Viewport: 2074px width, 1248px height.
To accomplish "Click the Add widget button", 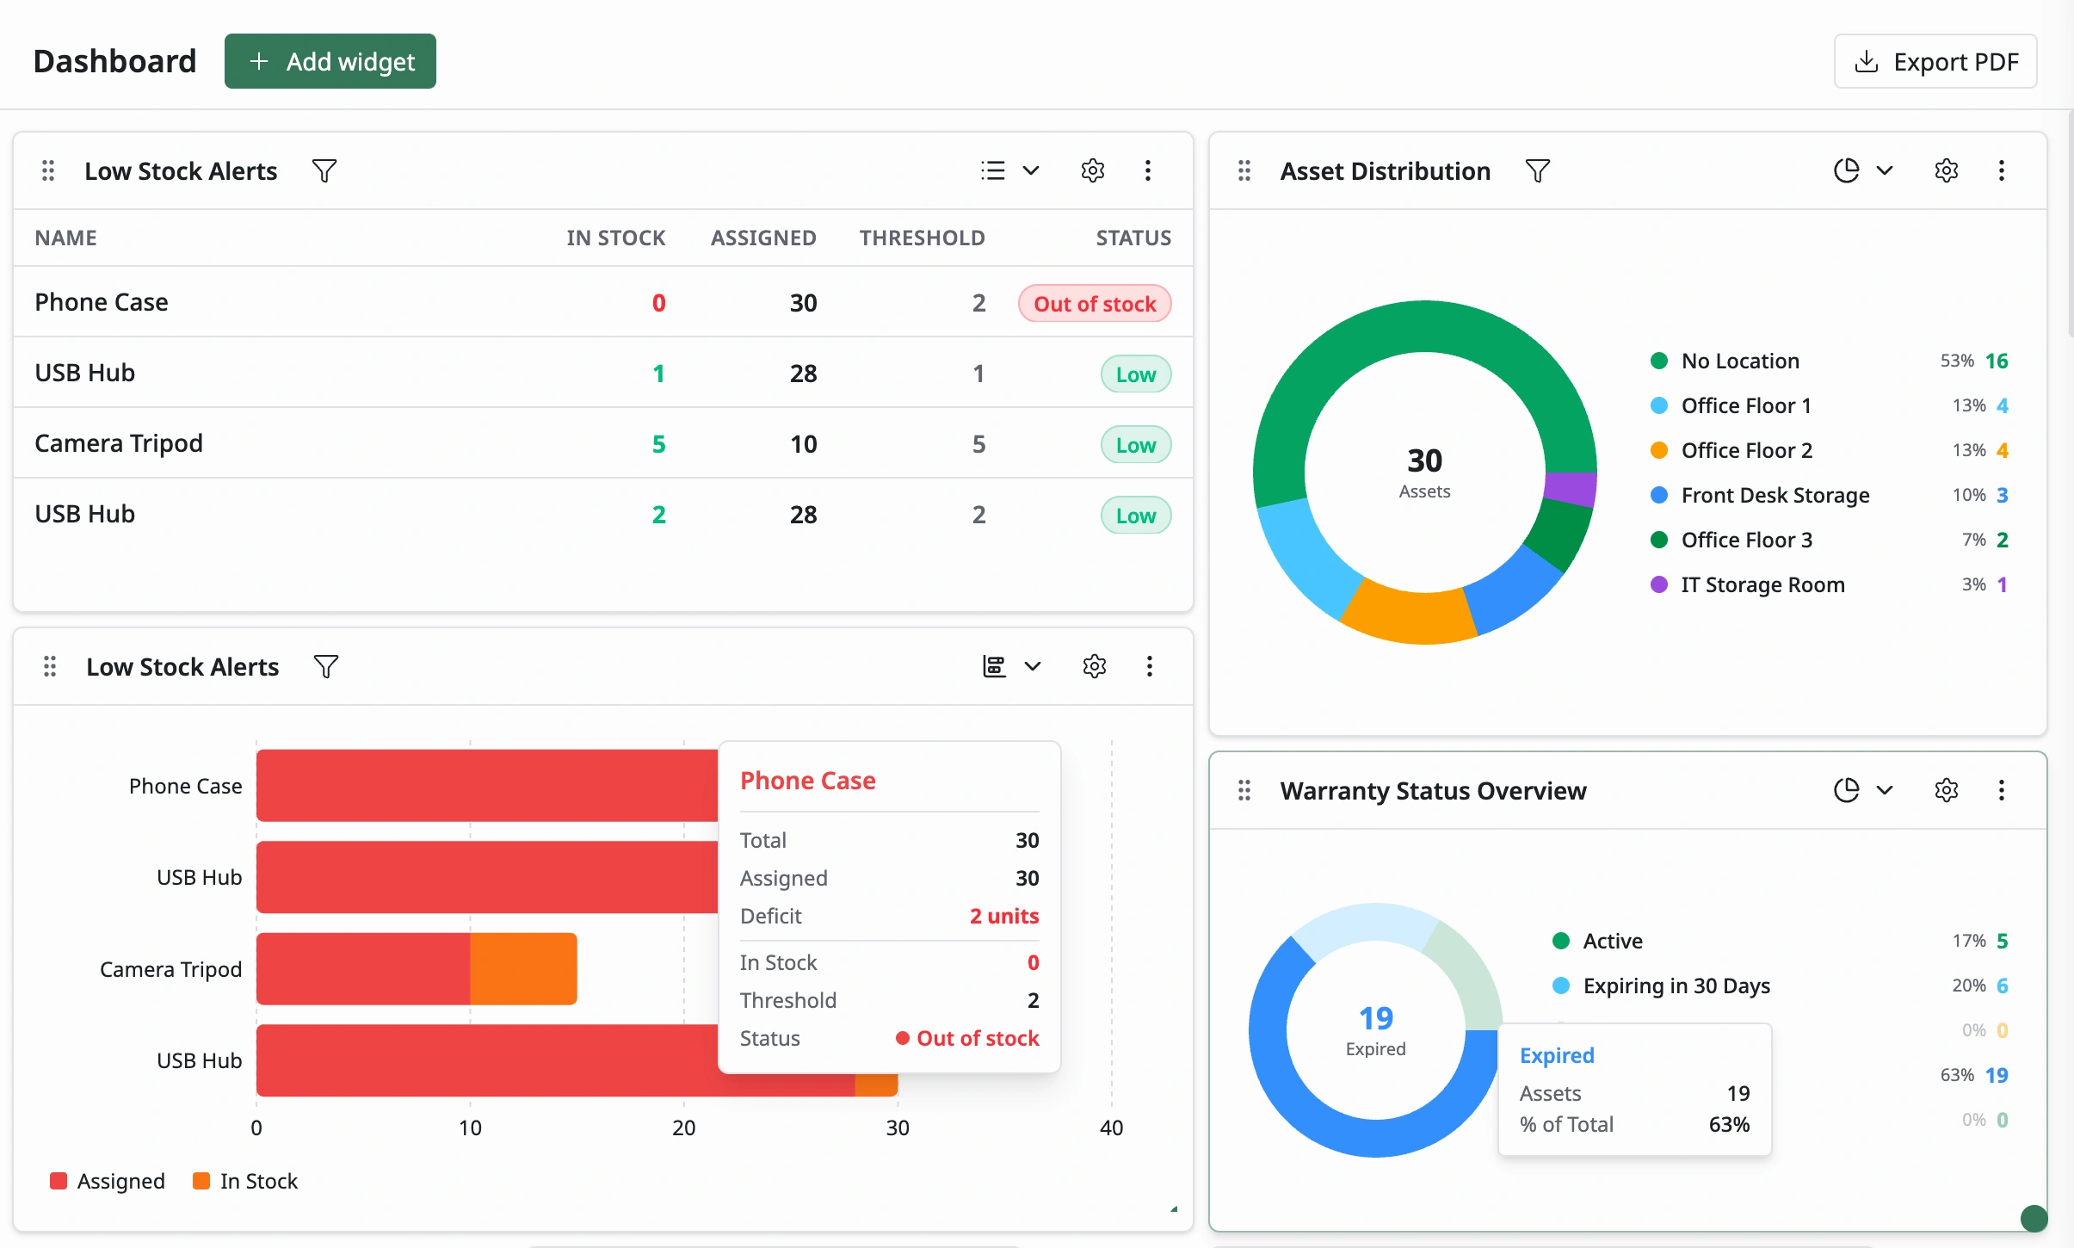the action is pos(330,61).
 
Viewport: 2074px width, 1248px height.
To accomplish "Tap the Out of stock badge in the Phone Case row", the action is pos(1095,304).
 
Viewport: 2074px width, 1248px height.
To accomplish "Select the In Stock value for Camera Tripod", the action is pos(658,444).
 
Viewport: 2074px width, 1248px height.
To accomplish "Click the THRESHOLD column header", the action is pos(922,238).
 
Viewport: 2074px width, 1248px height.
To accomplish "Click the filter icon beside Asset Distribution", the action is pos(1537,170).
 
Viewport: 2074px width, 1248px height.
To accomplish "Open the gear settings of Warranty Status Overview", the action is pos(1946,790).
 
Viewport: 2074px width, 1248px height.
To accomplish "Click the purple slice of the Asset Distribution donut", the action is pos(1571,488).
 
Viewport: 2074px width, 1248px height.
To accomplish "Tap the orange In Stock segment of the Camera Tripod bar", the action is pos(523,968).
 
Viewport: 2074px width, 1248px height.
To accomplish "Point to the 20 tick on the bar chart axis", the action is pos(684,1128).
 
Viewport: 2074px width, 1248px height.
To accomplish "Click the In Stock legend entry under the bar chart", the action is pos(246,1181).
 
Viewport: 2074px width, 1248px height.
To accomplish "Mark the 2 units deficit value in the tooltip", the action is pos(1004,916).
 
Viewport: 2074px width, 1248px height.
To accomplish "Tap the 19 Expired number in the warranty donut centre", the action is pos(1376,1018).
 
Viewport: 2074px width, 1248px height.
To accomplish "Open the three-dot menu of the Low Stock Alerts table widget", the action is pos(1147,170).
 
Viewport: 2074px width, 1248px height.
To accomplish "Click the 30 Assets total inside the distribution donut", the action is pos(1424,460).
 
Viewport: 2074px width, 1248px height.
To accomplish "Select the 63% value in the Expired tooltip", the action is pos(1729,1124).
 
